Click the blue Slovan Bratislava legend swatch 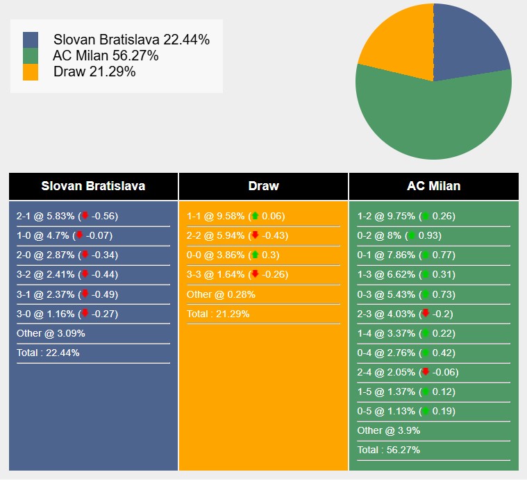(31, 40)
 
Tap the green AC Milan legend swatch (31, 56)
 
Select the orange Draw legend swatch (31, 72)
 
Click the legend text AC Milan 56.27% (106, 56)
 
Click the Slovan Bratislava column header (93, 186)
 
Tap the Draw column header (263, 186)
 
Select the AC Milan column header (433, 186)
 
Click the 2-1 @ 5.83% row (67, 216)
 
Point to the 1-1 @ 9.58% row (235, 216)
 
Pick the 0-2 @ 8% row (399, 235)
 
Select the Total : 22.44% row (48, 353)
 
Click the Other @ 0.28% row (221, 294)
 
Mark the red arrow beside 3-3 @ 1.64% (255, 274)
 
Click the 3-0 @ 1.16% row (67, 314)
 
